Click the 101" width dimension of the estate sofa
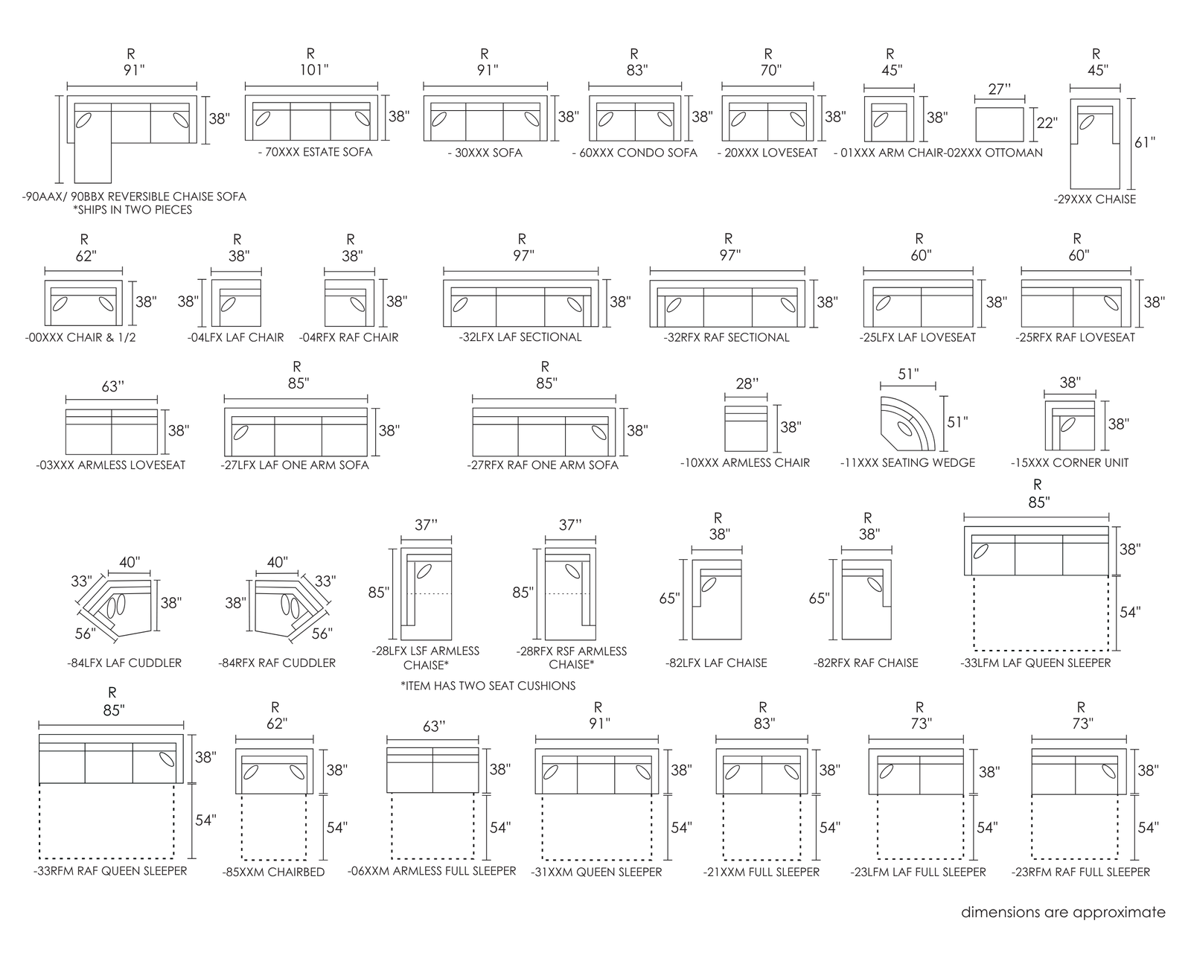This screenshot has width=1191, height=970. [x=314, y=70]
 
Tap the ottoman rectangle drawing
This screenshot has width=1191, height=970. [x=1000, y=124]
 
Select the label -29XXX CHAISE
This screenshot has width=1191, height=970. [x=1094, y=199]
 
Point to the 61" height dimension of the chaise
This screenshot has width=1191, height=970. [x=1145, y=143]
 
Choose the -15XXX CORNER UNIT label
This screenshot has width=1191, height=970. [x=1069, y=463]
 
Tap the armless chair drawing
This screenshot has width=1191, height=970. [x=746, y=428]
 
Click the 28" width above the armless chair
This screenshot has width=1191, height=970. [x=747, y=383]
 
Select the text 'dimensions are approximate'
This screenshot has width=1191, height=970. [x=1063, y=913]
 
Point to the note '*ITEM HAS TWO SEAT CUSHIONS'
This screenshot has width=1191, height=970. [x=488, y=686]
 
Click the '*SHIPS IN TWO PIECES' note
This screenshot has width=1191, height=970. [x=132, y=210]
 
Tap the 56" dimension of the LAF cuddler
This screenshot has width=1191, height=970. [x=86, y=634]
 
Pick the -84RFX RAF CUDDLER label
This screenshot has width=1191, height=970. [x=277, y=663]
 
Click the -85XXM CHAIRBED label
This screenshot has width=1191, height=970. [x=273, y=872]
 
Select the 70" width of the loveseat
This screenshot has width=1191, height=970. [x=770, y=70]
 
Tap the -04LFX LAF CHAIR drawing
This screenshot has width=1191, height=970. [x=236, y=303]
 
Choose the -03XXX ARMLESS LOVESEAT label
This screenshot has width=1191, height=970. [x=111, y=465]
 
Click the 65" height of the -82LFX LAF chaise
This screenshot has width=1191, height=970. [x=669, y=599]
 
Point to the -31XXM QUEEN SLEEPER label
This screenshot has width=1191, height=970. [x=596, y=872]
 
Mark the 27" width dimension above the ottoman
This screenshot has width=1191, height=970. [x=999, y=89]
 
